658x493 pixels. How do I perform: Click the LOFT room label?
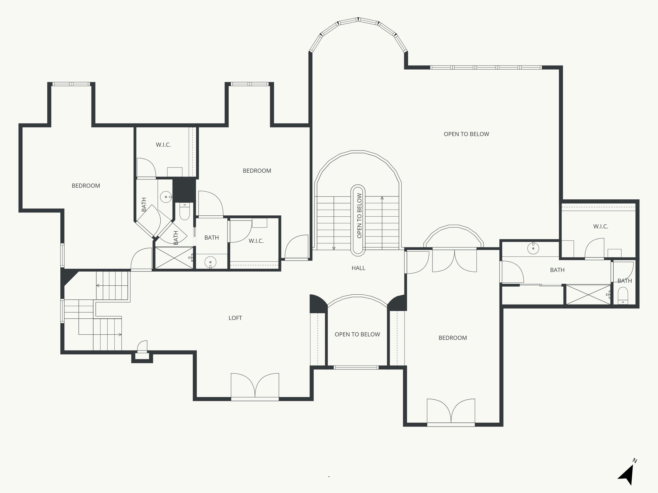(235, 318)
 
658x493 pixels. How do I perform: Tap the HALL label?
(358, 268)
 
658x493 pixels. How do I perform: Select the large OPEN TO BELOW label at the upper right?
(466, 134)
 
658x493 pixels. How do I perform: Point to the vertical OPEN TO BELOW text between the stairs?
(359, 216)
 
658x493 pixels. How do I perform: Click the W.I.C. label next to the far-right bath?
(600, 227)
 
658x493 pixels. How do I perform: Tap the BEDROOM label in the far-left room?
(86, 186)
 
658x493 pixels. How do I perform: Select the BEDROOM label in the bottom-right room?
(452, 338)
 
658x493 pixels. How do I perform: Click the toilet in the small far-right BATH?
(623, 295)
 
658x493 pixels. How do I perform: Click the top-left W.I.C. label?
(163, 145)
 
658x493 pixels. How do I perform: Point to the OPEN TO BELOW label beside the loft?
(357, 334)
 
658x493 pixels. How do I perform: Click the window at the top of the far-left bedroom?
(71, 84)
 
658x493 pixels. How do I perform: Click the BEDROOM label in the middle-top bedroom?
(257, 171)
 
